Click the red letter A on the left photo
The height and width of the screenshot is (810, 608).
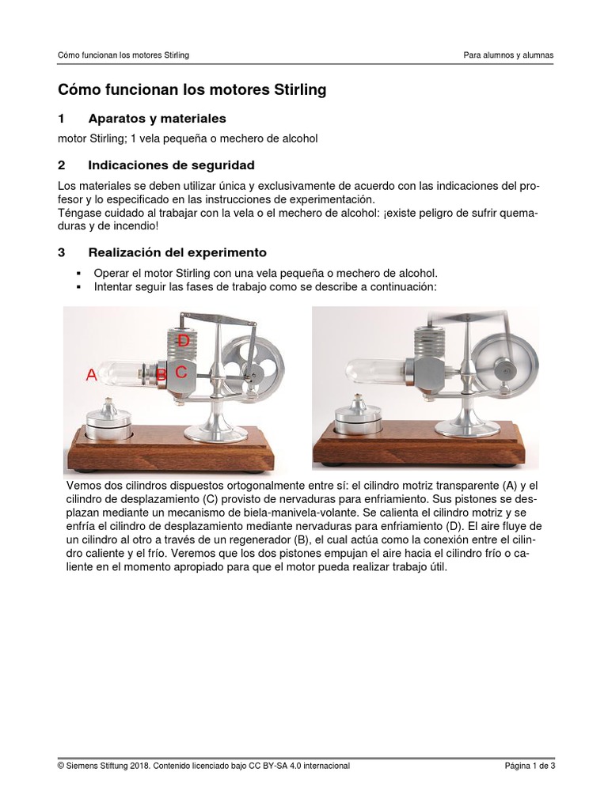coord(92,377)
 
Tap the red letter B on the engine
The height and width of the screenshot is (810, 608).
coord(161,375)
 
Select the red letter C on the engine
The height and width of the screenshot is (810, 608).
coord(181,372)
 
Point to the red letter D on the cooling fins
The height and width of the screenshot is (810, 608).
coord(183,341)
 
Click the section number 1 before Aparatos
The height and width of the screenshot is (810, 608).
coord(62,119)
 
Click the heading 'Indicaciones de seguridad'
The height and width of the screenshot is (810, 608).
coord(171,165)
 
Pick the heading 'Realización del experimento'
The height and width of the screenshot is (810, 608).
coord(177,253)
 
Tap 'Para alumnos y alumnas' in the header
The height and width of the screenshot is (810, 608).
coord(508,55)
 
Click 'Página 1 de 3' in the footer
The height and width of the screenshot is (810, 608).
coord(530,766)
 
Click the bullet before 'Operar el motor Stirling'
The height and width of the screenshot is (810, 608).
coord(78,272)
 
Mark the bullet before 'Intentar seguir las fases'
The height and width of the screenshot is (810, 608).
coord(78,286)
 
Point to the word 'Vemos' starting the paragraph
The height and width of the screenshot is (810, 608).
coord(84,484)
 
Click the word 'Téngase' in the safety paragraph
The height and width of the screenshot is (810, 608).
coord(80,214)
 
